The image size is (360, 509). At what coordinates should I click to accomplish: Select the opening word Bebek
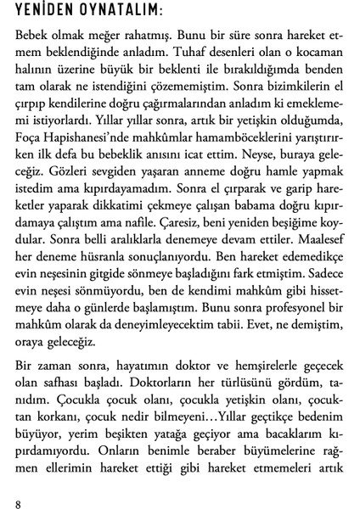(33, 38)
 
